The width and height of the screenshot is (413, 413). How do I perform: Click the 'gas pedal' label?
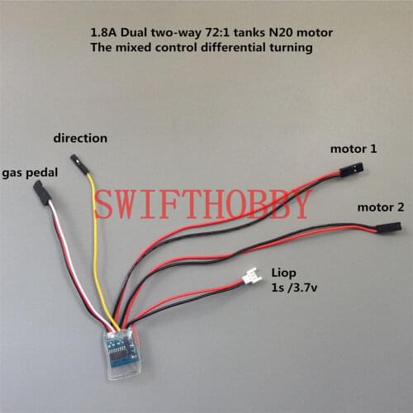tap(30, 173)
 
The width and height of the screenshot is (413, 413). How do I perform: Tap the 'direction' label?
tap(80, 138)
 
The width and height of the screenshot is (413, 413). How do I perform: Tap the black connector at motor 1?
tap(353, 169)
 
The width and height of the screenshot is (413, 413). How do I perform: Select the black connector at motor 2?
tap(387, 225)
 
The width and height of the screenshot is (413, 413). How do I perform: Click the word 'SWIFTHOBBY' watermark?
tap(202, 204)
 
